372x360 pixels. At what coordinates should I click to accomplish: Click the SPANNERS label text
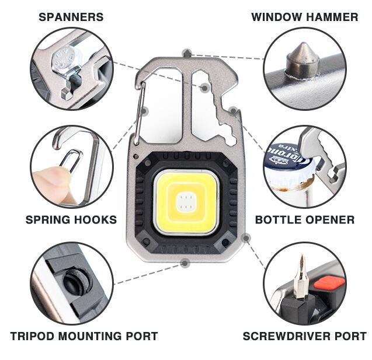tap(71, 17)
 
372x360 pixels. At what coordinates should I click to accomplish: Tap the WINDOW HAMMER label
tap(304, 17)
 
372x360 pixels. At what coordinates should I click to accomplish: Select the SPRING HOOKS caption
tap(71, 220)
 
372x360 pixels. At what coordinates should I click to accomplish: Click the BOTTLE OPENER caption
tap(304, 220)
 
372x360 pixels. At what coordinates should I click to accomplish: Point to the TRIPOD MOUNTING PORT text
tap(84, 336)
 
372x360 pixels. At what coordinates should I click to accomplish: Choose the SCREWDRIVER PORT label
tap(304, 336)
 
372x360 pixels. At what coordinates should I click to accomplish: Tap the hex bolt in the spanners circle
tap(62, 58)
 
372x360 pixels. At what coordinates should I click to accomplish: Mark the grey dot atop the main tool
tap(186, 54)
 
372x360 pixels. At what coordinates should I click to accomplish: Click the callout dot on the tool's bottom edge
tap(185, 263)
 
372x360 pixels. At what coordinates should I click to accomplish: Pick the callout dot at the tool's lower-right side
tap(246, 238)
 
